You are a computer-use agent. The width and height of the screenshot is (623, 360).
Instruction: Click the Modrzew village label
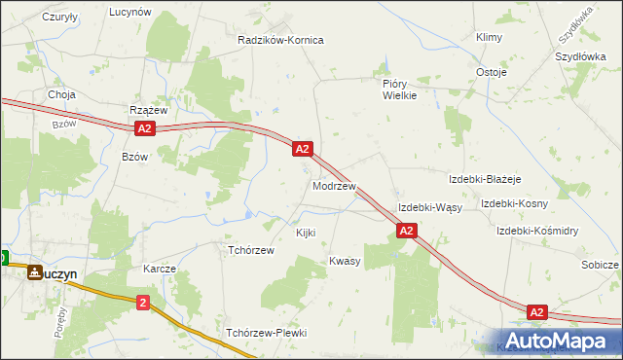point(333,185)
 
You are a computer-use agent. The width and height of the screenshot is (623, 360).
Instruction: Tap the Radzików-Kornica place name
point(280,40)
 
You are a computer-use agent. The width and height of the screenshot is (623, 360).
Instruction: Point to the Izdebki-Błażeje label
point(485,180)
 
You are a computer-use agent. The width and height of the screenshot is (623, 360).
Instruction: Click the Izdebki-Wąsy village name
point(429,207)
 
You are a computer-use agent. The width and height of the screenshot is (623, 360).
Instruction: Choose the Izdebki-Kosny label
point(514,203)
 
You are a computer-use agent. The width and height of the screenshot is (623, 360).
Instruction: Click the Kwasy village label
point(345,261)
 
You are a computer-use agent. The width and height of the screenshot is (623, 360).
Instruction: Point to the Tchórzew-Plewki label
point(266,333)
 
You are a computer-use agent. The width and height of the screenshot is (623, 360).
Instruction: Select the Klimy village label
point(488,37)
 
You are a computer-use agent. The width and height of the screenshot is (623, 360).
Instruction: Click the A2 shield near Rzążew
point(144,128)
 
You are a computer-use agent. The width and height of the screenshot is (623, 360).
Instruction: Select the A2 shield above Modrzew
point(302,149)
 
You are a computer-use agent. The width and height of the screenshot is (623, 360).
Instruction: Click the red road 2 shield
point(144,303)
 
